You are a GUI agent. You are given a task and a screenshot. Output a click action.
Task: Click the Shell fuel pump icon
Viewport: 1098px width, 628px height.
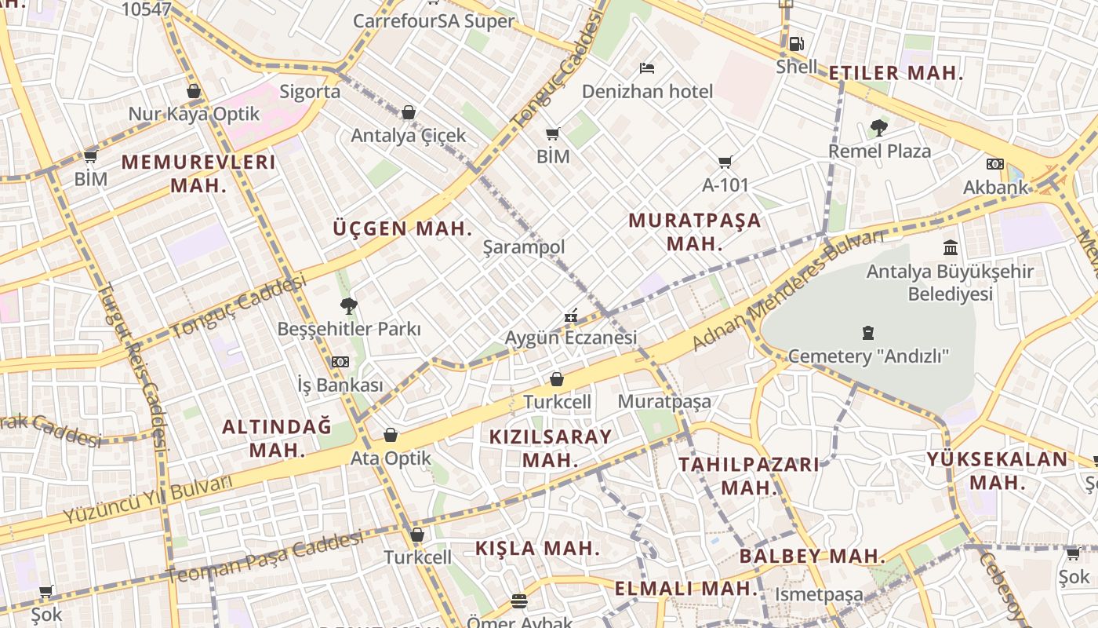[x=796, y=43]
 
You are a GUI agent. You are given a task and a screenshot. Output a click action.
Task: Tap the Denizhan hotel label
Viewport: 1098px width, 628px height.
[x=647, y=91]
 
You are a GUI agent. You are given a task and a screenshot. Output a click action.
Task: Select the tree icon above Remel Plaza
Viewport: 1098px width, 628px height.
[x=879, y=128]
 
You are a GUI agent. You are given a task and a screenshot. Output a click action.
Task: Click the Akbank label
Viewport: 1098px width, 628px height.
[x=995, y=187]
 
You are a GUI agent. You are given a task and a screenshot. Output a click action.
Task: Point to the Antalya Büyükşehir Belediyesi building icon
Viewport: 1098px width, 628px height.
[x=951, y=248]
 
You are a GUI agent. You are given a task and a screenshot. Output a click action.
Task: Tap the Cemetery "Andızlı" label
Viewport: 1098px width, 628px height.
[x=868, y=356]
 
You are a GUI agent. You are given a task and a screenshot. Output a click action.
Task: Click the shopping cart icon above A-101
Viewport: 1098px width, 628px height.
[x=725, y=162]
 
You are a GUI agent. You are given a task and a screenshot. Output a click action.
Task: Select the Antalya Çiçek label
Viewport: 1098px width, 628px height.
[x=408, y=135]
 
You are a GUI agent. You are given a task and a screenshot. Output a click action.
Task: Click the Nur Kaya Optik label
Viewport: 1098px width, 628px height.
[x=194, y=114]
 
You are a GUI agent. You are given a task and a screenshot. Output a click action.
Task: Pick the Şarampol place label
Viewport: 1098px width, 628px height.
[x=523, y=247]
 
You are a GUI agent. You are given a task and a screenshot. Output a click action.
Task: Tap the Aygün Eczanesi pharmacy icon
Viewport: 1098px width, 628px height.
[x=571, y=316]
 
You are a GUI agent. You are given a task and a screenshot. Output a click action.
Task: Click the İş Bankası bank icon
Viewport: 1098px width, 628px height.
[x=340, y=362]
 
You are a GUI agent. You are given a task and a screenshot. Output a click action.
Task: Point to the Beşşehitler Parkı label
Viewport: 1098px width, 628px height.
[x=349, y=329]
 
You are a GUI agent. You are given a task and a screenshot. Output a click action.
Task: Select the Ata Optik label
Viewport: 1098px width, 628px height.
[x=391, y=458]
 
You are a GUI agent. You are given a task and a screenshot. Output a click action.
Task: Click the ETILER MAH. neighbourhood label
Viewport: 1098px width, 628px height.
[x=896, y=74]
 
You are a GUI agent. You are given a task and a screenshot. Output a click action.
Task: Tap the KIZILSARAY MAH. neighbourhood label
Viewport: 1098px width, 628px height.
[x=550, y=448]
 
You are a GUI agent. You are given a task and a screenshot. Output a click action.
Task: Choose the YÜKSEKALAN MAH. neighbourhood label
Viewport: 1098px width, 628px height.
[x=997, y=470]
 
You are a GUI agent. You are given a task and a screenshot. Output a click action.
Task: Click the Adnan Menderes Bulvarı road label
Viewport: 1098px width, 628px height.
[x=787, y=291]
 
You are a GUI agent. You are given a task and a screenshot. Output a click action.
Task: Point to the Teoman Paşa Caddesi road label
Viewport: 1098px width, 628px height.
[x=265, y=557]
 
